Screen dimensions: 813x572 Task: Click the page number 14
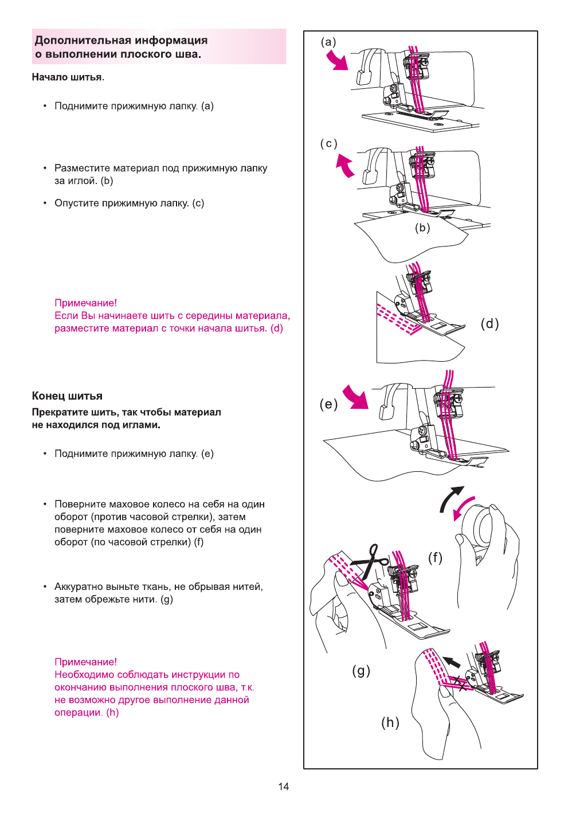tap(283, 787)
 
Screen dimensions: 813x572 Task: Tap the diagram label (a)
tap(328, 42)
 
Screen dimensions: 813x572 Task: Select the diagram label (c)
tap(328, 143)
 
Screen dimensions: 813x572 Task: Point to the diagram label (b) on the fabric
tap(422, 228)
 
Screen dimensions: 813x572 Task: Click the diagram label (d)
tap(489, 324)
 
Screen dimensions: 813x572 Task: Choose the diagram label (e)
tap(328, 404)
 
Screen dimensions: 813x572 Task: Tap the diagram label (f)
tap(435, 557)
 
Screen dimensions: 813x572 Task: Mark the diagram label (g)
tap(361, 670)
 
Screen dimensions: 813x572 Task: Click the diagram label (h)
tap(390, 722)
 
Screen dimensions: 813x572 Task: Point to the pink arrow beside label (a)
tap(338, 60)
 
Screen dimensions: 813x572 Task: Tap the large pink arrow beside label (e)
tap(356, 397)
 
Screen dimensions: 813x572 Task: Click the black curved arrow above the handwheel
tap(450, 498)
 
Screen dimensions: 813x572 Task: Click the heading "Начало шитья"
tap(68, 77)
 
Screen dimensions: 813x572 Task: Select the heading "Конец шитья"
tap(67, 396)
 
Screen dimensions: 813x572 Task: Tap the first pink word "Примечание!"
tap(85, 303)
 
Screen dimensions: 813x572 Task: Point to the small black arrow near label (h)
tap(452, 662)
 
